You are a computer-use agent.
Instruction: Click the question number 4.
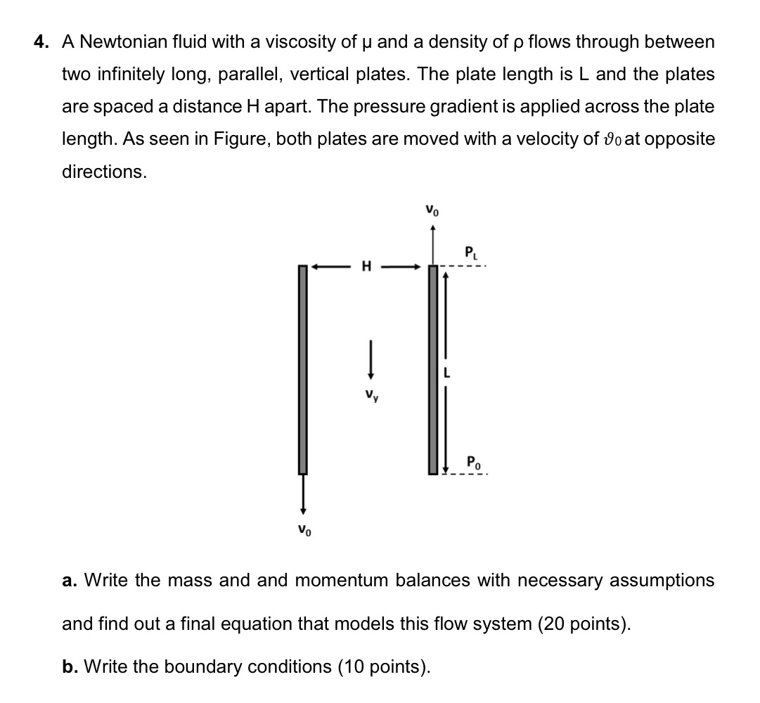coord(41,42)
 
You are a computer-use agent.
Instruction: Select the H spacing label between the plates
coord(366,266)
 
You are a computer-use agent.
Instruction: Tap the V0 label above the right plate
coord(432,209)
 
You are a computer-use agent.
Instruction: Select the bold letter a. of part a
coord(69,581)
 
